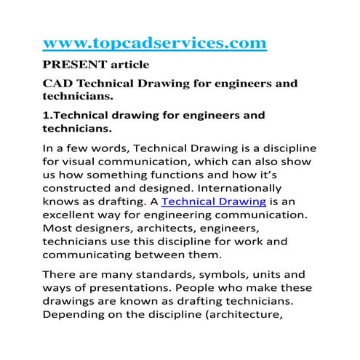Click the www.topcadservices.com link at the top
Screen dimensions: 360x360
pyautogui.click(x=155, y=44)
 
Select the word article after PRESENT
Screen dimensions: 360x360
pyautogui.click(x=128, y=65)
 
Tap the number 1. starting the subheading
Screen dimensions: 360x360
pyautogui.click(x=49, y=115)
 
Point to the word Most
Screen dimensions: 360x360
pyautogui.click(x=60, y=231)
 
